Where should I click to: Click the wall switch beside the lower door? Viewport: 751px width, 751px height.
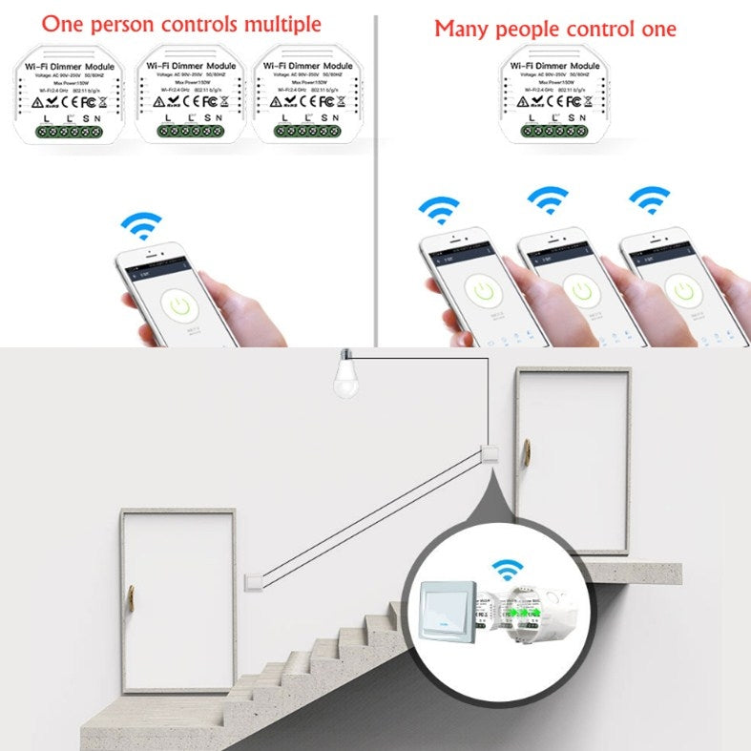pyautogui.click(x=252, y=579)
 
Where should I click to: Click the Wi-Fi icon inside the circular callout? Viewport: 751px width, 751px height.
pyautogui.click(x=508, y=570)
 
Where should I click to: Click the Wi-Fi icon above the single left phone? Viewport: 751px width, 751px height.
pyautogui.click(x=141, y=225)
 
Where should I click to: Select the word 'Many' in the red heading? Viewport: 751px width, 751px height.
pyautogui.click(x=462, y=29)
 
